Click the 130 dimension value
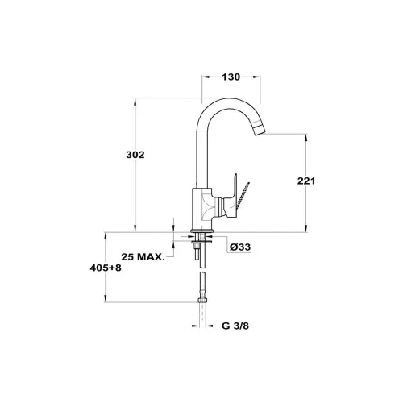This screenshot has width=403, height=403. point(231,77)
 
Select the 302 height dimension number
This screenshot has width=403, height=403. point(135,155)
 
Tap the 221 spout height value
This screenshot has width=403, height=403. point(306,181)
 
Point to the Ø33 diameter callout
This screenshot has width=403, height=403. point(240,247)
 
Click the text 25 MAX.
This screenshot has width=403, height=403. point(143,257)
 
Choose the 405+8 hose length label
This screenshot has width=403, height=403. point(106,268)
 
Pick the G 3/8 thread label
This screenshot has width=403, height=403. point(235,326)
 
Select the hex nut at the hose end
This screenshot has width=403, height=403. point(203,300)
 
